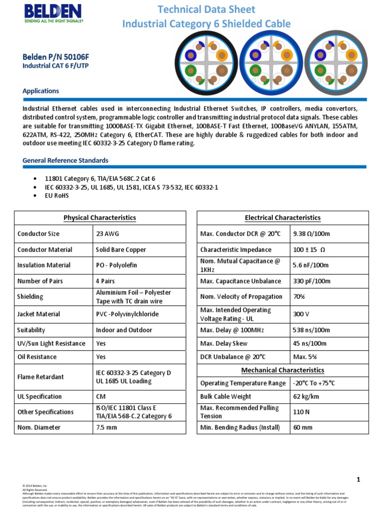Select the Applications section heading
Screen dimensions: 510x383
(41, 91)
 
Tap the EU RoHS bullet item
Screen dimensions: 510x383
(57, 196)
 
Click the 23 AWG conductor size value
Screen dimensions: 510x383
(107, 234)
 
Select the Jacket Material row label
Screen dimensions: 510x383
(39, 314)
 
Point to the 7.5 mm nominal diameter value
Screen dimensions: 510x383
(106, 427)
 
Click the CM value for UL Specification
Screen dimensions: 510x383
(101, 396)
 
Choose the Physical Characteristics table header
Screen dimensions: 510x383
(100, 218)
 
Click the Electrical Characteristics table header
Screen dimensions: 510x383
(283, 218)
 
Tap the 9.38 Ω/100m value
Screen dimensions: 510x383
(311, 234)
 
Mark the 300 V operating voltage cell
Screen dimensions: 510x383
(302, 314)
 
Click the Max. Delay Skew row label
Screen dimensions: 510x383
(224, 343)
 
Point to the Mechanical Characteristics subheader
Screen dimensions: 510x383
(283, 370)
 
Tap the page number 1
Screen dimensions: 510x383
(358, 479)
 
